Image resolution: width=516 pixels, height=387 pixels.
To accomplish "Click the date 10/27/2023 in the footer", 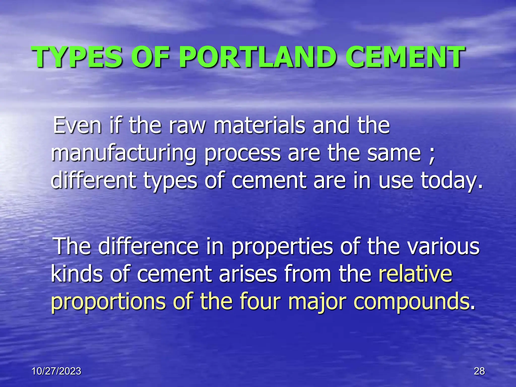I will click(56, 371).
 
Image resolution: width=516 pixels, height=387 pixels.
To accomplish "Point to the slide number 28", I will click(479, 371).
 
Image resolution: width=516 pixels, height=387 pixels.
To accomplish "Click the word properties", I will click(282, 247).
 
